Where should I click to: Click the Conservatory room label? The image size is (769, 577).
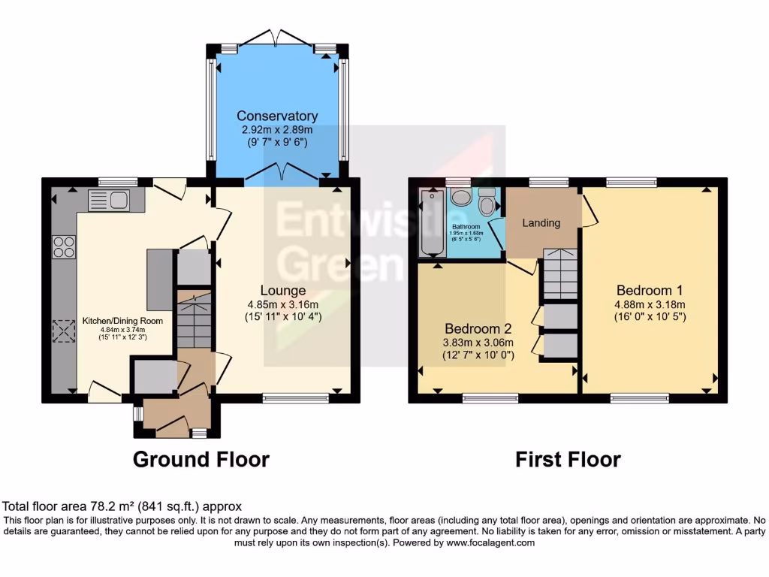coord(277,116)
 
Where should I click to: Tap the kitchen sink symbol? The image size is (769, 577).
coord(109,200)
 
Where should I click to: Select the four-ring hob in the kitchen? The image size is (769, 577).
coord(64,246)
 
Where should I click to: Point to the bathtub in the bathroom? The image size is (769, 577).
coord(433,223)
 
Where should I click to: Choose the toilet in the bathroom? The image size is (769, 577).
coord(487,203)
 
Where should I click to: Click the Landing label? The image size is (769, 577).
coord(541,223)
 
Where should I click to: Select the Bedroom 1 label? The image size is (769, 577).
coord(650,290)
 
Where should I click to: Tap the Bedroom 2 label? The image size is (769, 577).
coord(478,329)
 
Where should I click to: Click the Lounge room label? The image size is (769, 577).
coord(283,291)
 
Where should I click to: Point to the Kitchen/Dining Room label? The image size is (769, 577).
coord(122,321)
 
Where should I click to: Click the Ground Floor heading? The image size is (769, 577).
coord(201,458)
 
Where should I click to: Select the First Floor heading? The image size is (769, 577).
coord(568,459)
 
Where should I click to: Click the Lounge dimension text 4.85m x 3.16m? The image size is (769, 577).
coord(283,305)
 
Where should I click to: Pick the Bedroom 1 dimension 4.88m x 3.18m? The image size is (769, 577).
coord(650,304)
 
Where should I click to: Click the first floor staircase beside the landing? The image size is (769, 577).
coord(560,274)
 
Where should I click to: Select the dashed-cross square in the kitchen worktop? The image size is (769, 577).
coord(64,331)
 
